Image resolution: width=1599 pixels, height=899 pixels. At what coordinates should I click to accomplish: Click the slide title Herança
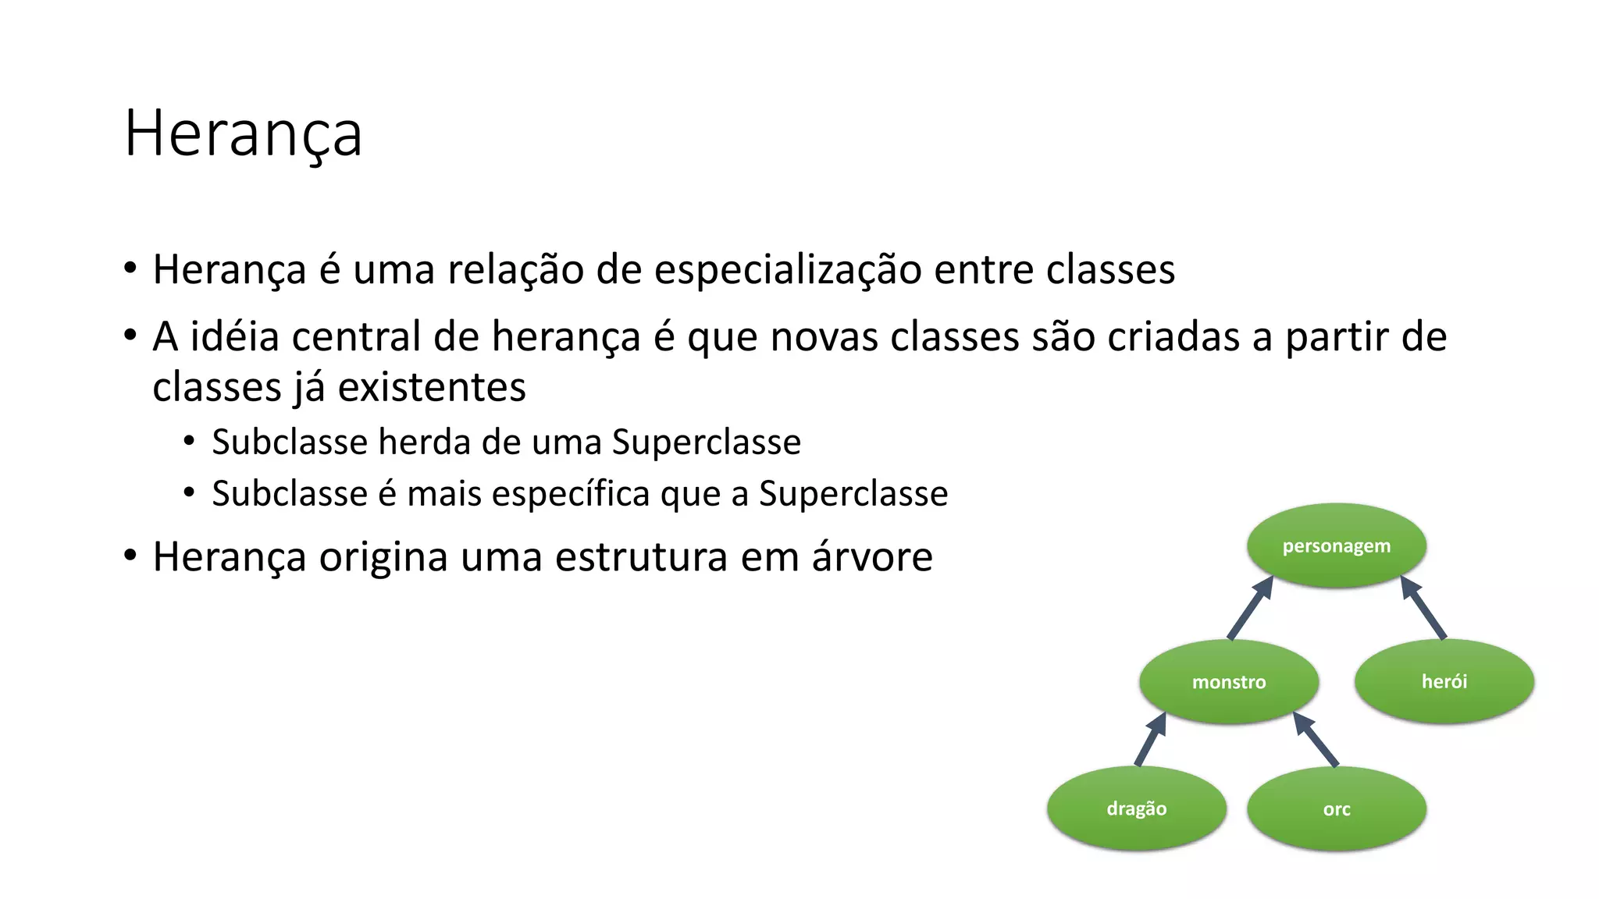point(243,133)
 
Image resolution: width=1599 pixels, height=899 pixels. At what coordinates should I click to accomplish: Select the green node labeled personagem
point(1336,545)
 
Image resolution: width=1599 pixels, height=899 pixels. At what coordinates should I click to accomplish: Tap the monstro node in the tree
point(1229,681)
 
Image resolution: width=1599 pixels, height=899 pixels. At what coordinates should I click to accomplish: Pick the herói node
point(1444,681)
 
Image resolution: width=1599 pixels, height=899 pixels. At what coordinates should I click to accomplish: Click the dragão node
point(1136,808)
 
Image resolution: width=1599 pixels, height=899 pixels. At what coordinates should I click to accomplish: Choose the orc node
point(1336,809)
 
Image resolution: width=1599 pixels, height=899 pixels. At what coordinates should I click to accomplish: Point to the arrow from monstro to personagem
point(1251,608)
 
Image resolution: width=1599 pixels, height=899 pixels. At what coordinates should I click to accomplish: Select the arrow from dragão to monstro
point(1151,739)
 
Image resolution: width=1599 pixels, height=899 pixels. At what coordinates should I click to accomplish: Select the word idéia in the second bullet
point(235,337)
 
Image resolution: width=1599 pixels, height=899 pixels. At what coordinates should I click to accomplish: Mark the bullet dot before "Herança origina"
point(130,556)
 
